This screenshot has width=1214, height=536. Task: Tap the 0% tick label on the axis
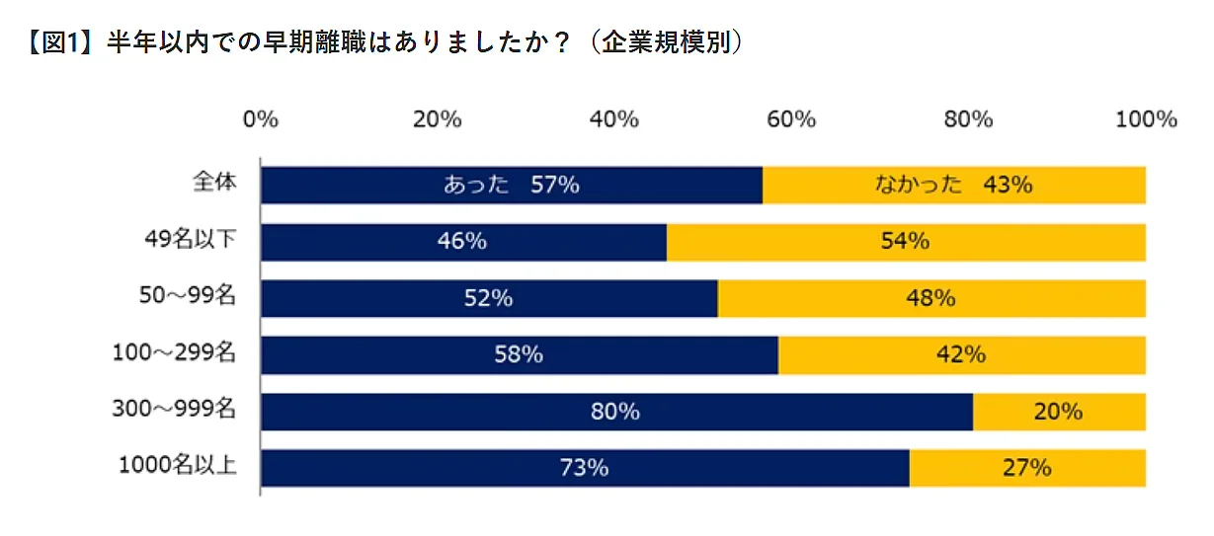[261, 119]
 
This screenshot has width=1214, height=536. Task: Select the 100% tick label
[1146, 119]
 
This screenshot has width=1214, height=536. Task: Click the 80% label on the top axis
[968, 119]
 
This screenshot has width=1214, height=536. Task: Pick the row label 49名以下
[190, 240]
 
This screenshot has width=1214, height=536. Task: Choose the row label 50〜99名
[187, 296]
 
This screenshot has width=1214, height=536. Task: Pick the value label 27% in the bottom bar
[1026, 468]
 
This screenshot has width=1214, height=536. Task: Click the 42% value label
[961, 354]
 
